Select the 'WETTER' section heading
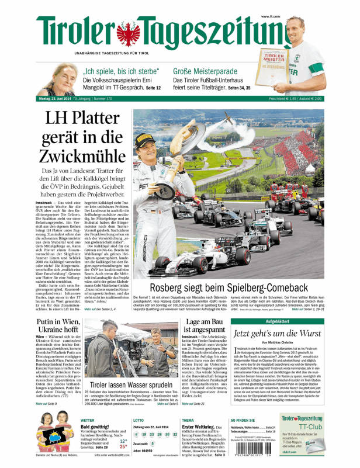pyautogui.click(x=88, y=420)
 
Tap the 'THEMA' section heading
pyautogui.click(x=188, y=420)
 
